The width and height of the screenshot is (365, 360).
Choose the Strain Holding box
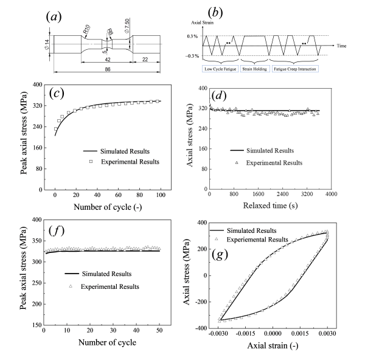256,69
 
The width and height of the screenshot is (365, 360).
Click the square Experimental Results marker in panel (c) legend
89,162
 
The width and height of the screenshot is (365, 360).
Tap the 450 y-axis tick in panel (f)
31,220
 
